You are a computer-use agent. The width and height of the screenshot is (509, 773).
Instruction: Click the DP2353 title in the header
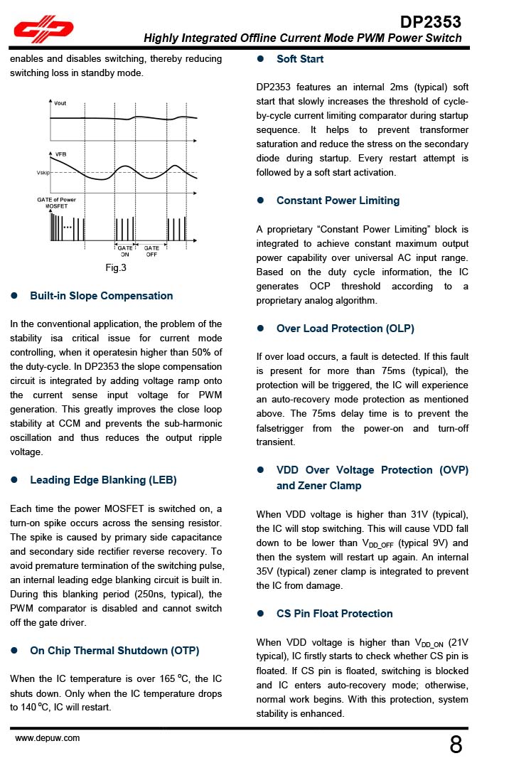(x=430, y=21)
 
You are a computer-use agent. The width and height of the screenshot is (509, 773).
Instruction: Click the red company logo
(x=43, y=29)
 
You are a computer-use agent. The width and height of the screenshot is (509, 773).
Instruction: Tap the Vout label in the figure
(x=60, y=104)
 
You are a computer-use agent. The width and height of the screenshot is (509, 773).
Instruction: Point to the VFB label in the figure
(x=60, y=154)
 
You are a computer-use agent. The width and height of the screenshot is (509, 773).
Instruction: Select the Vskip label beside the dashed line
(x=43, y=173)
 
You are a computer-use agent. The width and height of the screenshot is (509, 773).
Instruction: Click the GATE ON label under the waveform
(x=125, y=251)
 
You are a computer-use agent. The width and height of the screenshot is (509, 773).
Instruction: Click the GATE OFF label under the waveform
(x=151, y=251)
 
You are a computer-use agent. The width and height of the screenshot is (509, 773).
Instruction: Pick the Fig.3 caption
(x=115, y=268)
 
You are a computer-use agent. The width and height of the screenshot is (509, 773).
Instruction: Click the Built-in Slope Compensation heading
(x=101, y=296)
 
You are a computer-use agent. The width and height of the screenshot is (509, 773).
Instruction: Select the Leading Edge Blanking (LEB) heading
(x=103, y=480)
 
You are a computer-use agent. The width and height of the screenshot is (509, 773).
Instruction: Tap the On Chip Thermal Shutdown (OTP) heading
(x=114, y=651)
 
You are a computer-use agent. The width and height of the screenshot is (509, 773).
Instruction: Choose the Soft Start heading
(x=300, y=59)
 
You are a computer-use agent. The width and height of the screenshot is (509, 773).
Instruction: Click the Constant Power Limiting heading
(x=338, y=201)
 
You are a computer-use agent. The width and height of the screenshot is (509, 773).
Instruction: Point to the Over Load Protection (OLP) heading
(x=345, y=329)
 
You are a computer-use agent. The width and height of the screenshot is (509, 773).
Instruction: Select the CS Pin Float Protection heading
(x=334, y=614)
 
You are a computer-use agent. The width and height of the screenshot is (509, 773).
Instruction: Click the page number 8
(x=456, y=745)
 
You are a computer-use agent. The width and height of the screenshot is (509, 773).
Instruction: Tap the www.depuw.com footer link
(x=48, y=738)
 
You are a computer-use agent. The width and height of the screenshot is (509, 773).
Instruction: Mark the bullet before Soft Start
(x=261, y=59)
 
